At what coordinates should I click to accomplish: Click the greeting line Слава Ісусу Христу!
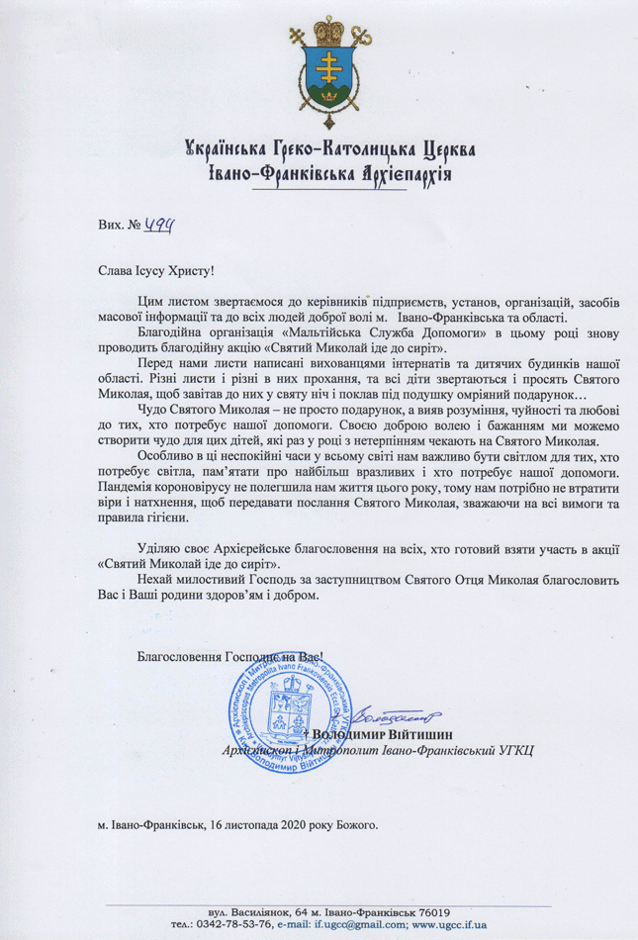pyautogui.click(x=155, y=267)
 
